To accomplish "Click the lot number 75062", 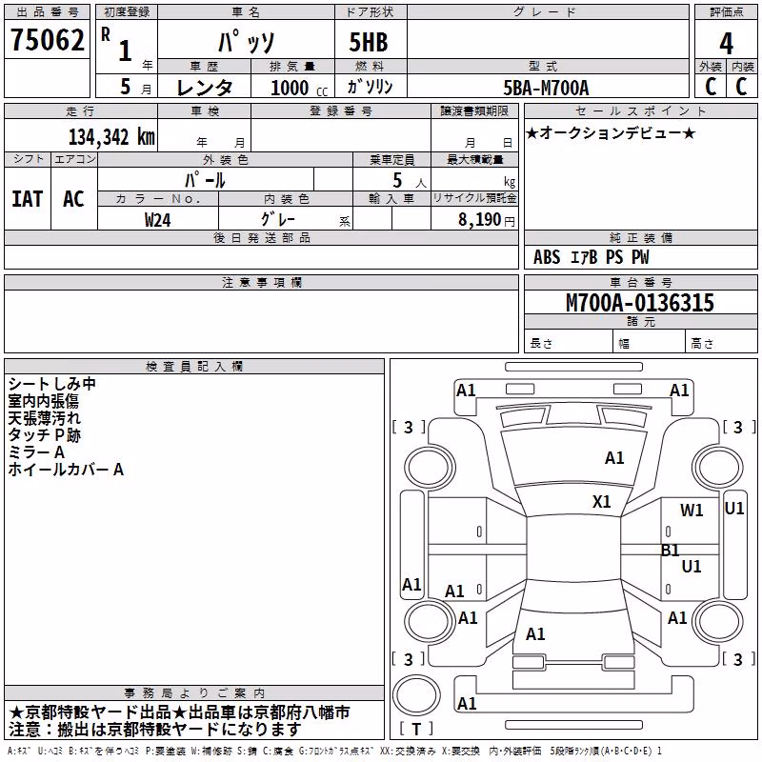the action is click(x=47, y=39).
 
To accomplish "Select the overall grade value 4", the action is click(x=726, y=44).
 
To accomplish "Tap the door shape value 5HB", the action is click(x=369, y=42).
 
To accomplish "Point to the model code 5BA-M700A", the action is click(x=546, y=88).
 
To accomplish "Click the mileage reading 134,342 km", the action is click(x=111, y=137).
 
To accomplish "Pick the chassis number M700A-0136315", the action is click(x=640, y=303).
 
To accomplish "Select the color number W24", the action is click(x=157, y=220).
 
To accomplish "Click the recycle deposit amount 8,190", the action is click(x=479, y=220).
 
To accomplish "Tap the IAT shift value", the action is click(x=28, y=199).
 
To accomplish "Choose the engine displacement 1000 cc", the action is click(x=299, y=88).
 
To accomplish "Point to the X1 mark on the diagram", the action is click(x=601, y=502).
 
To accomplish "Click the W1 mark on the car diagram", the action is click(x=692, y=511).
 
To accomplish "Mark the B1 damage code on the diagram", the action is click(x=671, y=551).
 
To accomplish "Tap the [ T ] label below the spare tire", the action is click(x=416, y=729).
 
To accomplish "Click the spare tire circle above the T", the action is click(x=416, y=695).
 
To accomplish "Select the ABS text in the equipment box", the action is click(x=547, y=257).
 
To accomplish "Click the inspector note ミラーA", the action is click(x=36, y=452).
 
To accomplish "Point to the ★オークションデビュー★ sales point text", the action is click(x=611, y=132).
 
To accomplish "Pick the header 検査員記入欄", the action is click(x=194, y=367).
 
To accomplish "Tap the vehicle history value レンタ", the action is click(x=204, y=88).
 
